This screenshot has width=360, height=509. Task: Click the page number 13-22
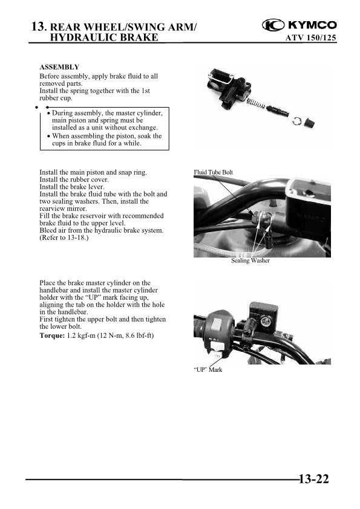[x=314, y=480]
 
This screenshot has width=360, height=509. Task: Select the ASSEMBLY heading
[x=59, y=66]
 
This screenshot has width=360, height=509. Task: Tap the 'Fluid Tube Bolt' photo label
[x=213, y=172]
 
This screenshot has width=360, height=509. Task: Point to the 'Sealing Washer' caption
[x=250, y=261]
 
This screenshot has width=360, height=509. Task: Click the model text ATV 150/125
[x=310, y=38]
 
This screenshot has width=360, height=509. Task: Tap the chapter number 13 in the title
[x=37, y=26]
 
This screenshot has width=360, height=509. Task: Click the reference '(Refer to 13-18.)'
[x=64, y=238]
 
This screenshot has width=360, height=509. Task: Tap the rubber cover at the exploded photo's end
[x=309, y=123]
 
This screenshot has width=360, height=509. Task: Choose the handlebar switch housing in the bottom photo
[x=215, y=329]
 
